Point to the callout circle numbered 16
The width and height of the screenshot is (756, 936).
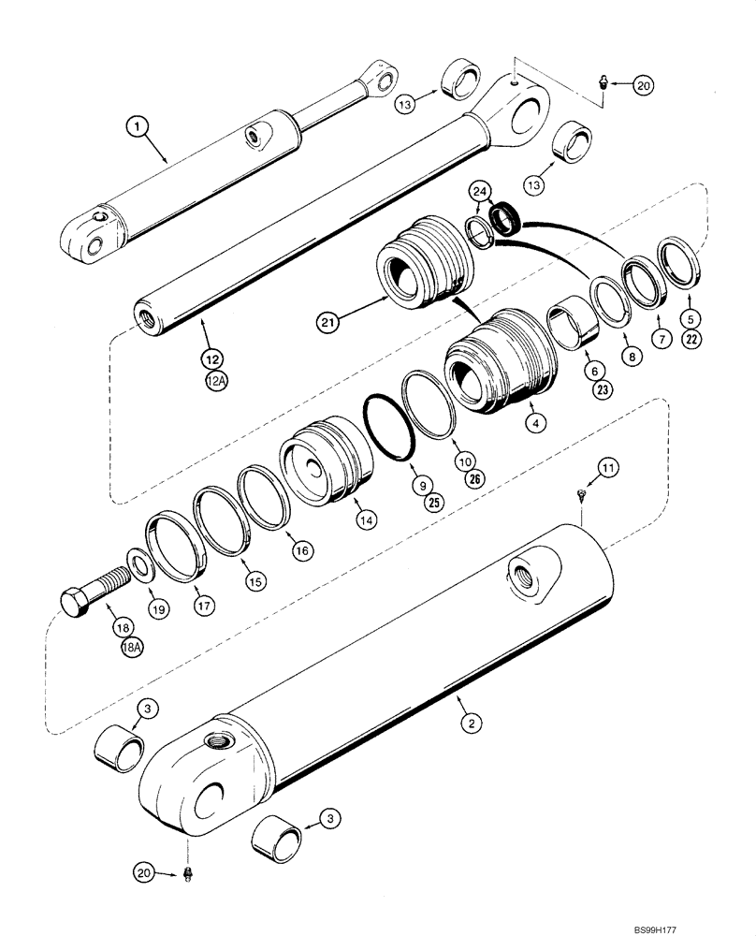coord(301,552)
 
